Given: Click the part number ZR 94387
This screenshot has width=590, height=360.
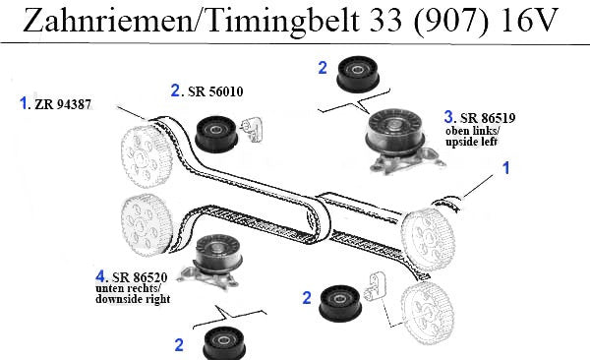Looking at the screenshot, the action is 63,104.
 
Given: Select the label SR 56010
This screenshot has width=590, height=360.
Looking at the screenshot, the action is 215,91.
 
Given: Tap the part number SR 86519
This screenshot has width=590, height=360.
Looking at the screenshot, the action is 488,118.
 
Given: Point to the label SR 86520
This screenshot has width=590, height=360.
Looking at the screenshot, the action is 140,277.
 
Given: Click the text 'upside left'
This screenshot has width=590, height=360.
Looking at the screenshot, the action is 471,142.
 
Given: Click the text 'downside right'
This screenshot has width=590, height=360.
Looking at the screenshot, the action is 133,299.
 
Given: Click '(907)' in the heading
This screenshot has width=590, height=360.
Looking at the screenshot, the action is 450,21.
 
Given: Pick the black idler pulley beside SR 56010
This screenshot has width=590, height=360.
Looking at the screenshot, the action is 216,134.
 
